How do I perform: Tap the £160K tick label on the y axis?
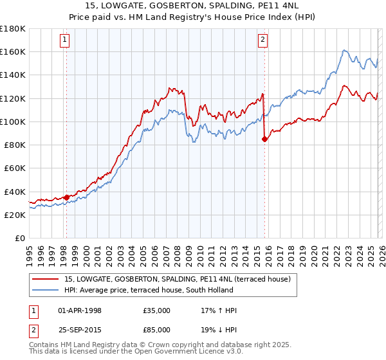pos(13,51)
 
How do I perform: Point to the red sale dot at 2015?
pos(264,138)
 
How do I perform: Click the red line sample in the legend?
pos(45,279)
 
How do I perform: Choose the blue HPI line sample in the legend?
pos(45,290)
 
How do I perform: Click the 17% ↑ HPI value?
pos(219,310)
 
